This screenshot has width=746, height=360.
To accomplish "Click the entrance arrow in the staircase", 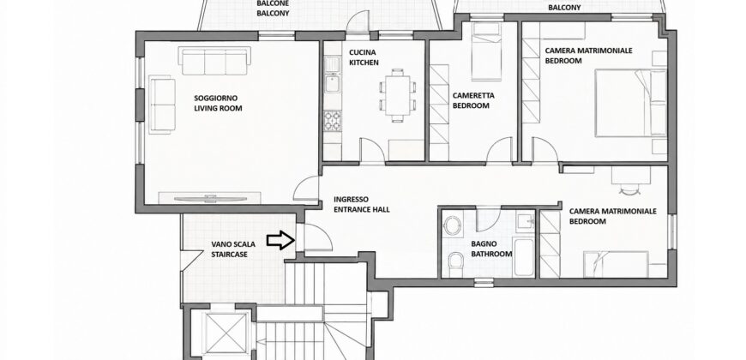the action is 280,240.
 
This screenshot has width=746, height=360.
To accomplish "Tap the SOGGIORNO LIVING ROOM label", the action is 218,103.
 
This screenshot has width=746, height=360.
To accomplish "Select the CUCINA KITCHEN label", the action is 364,57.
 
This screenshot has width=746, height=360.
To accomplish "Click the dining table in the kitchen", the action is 398,95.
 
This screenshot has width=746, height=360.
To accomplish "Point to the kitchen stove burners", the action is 333,120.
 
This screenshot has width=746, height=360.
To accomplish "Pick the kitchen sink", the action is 332,82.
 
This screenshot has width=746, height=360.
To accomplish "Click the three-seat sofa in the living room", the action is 214,61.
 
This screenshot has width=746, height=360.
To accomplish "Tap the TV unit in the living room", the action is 209,198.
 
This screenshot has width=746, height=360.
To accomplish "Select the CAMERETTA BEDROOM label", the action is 473,100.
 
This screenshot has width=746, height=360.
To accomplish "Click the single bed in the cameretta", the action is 486,51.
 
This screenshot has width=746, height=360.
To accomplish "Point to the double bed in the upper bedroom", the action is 631,103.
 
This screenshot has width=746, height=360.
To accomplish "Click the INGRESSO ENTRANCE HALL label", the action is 362,205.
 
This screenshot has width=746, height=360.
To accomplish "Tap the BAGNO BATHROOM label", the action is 491,249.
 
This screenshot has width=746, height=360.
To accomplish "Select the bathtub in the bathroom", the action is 525,257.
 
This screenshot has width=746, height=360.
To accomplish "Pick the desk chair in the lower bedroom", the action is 630,189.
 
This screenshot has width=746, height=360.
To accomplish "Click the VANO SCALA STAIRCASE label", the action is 233,249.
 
